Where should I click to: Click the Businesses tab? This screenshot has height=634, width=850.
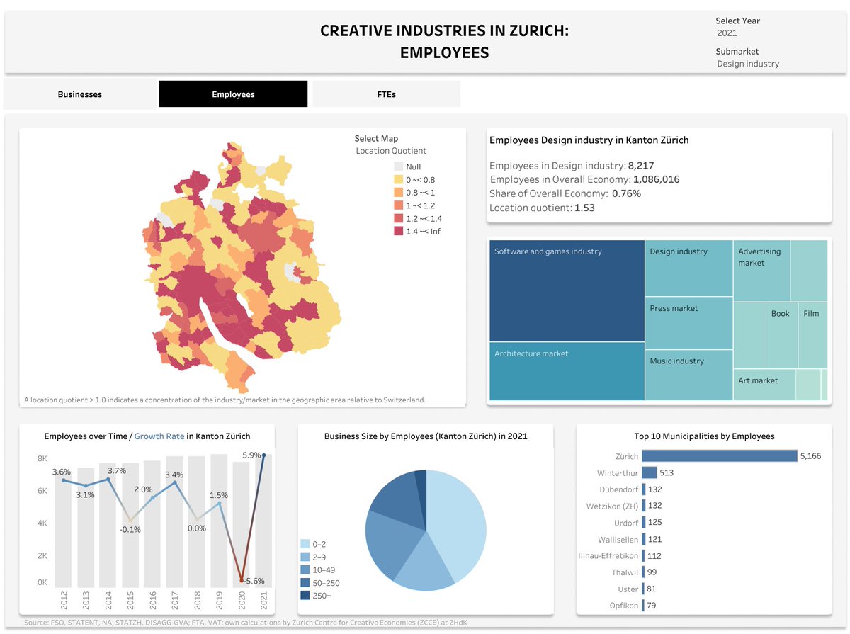(x=80, y=94)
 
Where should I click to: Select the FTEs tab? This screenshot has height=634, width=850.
(x=386, y=94)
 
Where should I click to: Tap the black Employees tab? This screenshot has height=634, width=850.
(x=233, y=94)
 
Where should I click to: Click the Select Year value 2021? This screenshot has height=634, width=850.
(x=727, y=33)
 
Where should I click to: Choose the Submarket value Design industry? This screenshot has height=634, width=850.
(x=748, y=64)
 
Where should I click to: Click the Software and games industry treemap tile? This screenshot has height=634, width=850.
(x=567, y=291)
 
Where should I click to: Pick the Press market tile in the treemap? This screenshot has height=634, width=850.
(x=688, y=322)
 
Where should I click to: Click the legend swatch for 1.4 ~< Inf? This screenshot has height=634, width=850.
(x=399, y=232)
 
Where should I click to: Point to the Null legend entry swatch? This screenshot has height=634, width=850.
(x=399, y=166)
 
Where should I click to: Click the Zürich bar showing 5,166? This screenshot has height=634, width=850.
(x=720, y=456)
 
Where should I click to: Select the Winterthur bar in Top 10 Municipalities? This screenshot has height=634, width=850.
(x=650, y=473)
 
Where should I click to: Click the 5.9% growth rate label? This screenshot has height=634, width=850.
(x=251, y=455)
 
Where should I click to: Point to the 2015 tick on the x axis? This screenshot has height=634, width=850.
(x=130, y=600)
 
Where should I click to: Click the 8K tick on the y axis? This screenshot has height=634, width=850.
(x=42, y=459)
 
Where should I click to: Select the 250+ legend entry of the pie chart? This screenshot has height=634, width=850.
(x=305, y=596)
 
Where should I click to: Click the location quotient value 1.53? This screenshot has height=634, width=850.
(x=584, y=208)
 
